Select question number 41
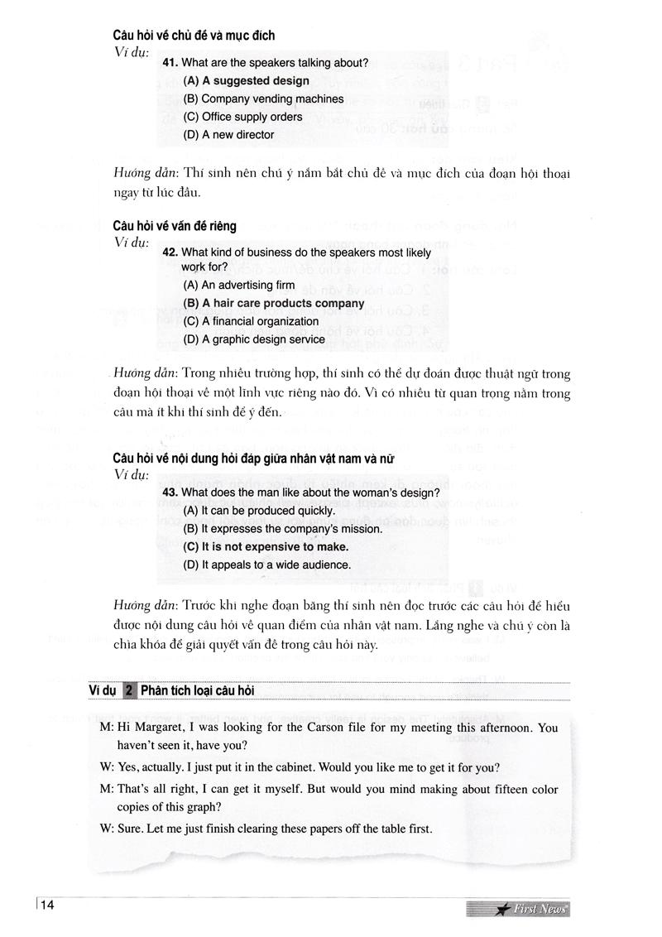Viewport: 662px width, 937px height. click(x=170, y=63)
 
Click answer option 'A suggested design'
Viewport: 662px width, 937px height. click(x=247, y=81)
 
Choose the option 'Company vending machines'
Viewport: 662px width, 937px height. click(x=263, y=99)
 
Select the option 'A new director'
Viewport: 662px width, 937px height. click(x=228, y=135)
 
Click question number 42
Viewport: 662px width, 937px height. click(x=170, y=252)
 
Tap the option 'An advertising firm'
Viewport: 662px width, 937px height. click(x=238, y=285)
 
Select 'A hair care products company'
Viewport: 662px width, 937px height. click(x=273, y=303)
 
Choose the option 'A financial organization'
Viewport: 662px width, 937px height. click(x=251, y=321)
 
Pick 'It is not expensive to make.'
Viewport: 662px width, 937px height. click(x=266, y=547)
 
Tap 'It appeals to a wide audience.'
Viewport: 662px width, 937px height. click(x=267, y=565)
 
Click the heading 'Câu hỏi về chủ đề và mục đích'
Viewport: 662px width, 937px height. click(x=194, y=36)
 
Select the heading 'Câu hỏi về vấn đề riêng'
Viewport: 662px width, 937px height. click(x=175, y=225)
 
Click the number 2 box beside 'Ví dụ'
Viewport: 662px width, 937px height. click(x=128, y=690)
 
